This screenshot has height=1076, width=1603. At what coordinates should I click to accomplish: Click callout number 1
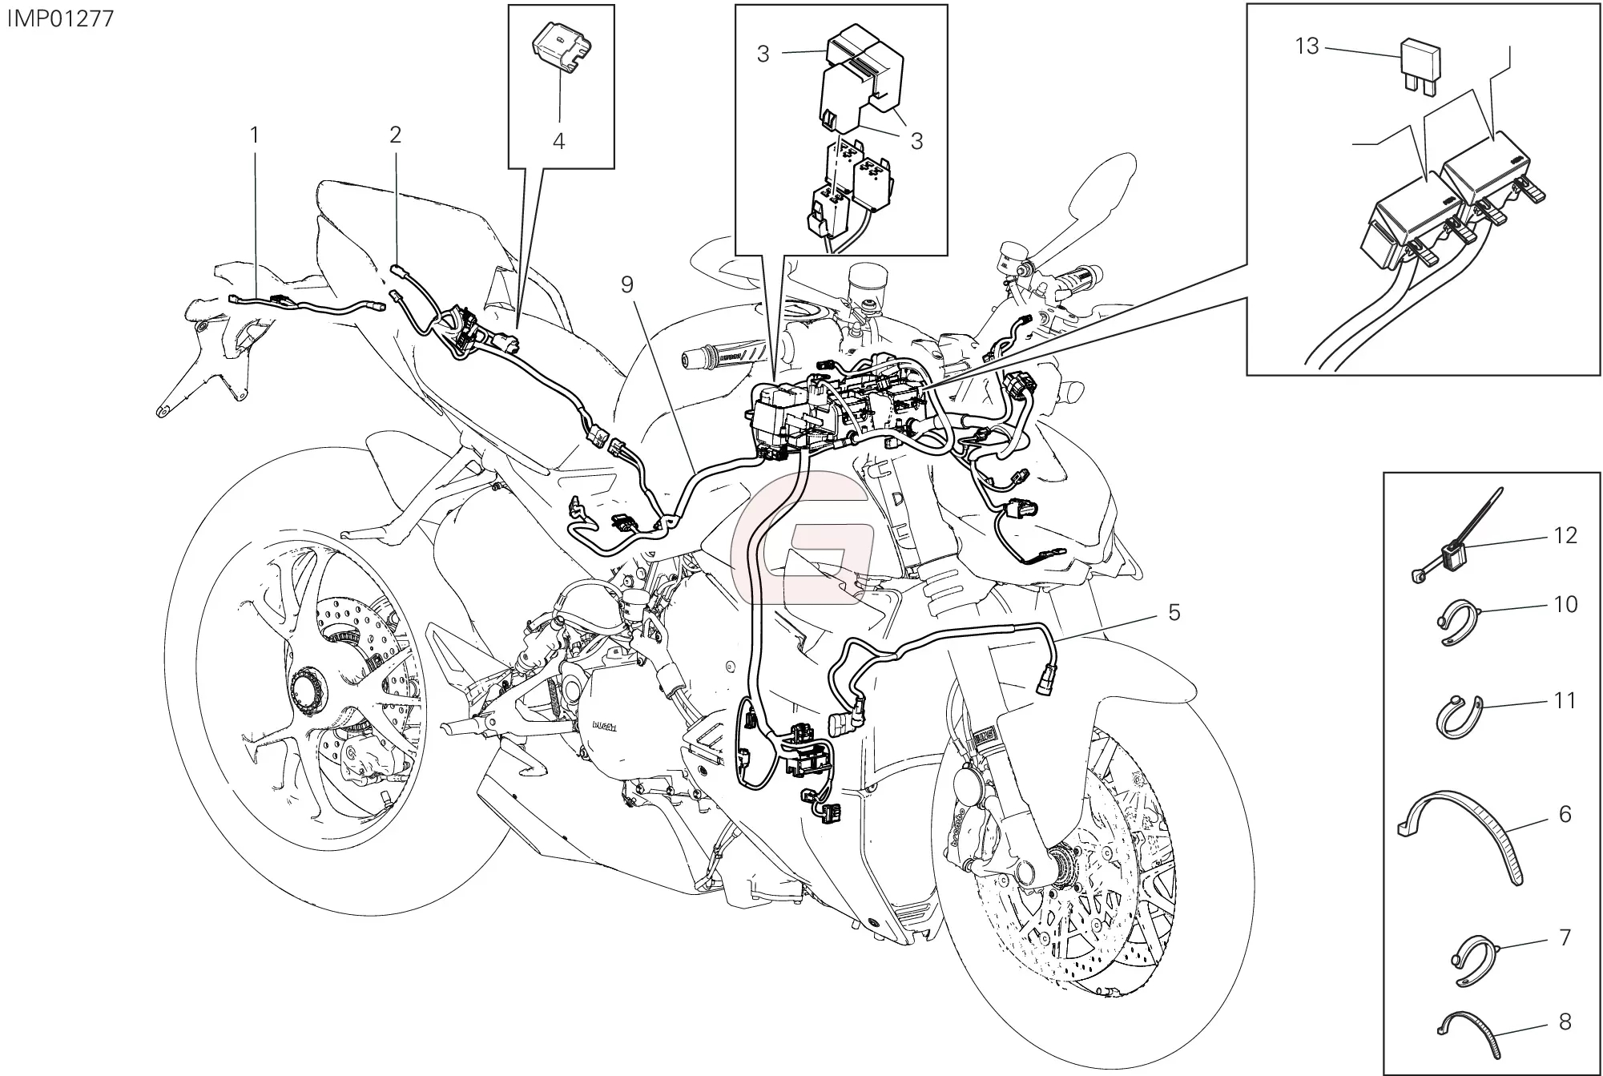pos(255,136)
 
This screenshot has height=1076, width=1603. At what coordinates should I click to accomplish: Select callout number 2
pos(395,135)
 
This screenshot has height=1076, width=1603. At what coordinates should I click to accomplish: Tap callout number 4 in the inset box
pos(558,141)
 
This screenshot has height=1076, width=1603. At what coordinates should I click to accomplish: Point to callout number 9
pos(626,284)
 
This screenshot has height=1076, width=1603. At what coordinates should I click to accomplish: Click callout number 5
pos(1174,613)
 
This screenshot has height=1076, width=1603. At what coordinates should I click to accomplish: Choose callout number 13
pos(1307,46)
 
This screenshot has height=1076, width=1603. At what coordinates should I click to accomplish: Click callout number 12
pos(1565,535)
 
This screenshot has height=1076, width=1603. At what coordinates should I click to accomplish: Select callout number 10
pos(1565,603)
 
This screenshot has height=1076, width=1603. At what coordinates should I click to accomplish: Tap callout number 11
pos(1565,700)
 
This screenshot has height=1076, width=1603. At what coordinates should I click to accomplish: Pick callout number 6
pos(1565,814)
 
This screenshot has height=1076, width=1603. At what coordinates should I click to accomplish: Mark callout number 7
pos(1565,937)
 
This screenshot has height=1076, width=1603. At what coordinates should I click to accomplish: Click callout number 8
pos(1565,1022)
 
